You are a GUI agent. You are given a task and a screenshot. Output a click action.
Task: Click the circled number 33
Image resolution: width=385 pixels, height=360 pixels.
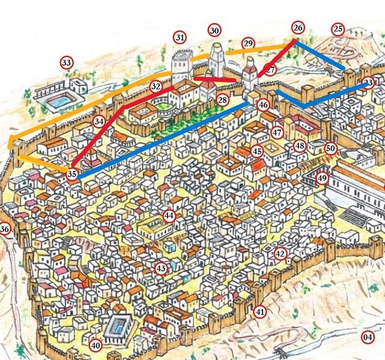[66, 62]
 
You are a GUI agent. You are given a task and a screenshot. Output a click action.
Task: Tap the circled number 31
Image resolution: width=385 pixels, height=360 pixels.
[180, 37]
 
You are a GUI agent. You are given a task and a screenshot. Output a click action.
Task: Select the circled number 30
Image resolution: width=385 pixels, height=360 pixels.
[214, 31]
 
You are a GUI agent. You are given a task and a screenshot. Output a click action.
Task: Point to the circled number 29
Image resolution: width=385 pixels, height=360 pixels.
[248, 43]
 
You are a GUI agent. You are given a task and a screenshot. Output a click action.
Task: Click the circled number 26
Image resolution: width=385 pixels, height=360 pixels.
[298, 28]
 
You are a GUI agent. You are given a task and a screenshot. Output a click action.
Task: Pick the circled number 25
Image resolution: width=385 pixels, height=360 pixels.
[338, 29]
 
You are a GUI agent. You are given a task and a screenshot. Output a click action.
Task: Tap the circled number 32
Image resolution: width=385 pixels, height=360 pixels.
[156, 86]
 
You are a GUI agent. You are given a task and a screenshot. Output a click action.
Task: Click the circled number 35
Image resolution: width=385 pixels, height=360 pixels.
[72, 175]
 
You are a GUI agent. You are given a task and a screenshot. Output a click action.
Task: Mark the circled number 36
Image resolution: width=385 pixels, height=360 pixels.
[5, 229]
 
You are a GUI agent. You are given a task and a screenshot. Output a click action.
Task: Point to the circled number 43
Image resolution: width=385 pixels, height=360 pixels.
[160, 268]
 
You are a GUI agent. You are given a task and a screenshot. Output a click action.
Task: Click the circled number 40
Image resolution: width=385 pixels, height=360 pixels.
[95, 346]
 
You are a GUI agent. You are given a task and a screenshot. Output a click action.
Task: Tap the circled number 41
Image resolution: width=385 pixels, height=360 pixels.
[259, 311]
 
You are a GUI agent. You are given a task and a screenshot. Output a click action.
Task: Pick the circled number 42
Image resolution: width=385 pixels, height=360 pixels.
[280, 254]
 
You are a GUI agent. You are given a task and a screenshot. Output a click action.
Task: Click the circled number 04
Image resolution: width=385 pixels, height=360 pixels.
[368, 337]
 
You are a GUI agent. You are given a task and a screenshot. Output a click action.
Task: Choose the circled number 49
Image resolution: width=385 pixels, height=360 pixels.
[322, 178]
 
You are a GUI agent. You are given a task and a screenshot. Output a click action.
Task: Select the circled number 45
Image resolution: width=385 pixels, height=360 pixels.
[257, 152]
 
